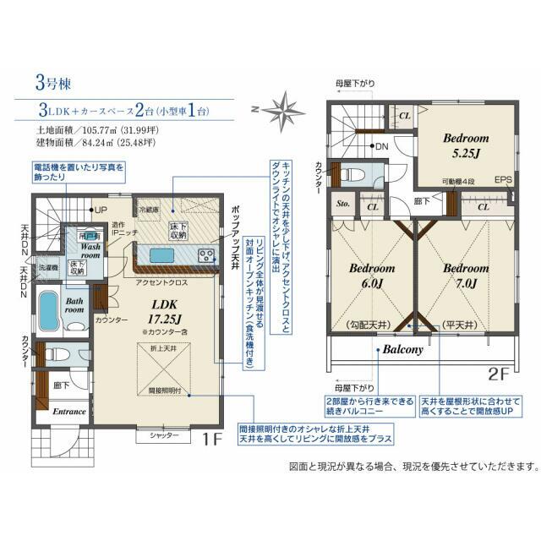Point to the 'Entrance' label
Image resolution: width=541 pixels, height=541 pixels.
(x=69, y=412)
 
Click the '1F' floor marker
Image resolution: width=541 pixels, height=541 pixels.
(x=212, y=439)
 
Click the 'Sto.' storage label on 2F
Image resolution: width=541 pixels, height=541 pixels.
(x=343, y=205)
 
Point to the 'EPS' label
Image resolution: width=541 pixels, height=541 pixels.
(x=504, y=180)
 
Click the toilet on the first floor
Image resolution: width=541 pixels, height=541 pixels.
(x=52, y=355)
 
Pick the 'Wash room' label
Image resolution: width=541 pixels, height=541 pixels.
(x=91, y=250)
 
